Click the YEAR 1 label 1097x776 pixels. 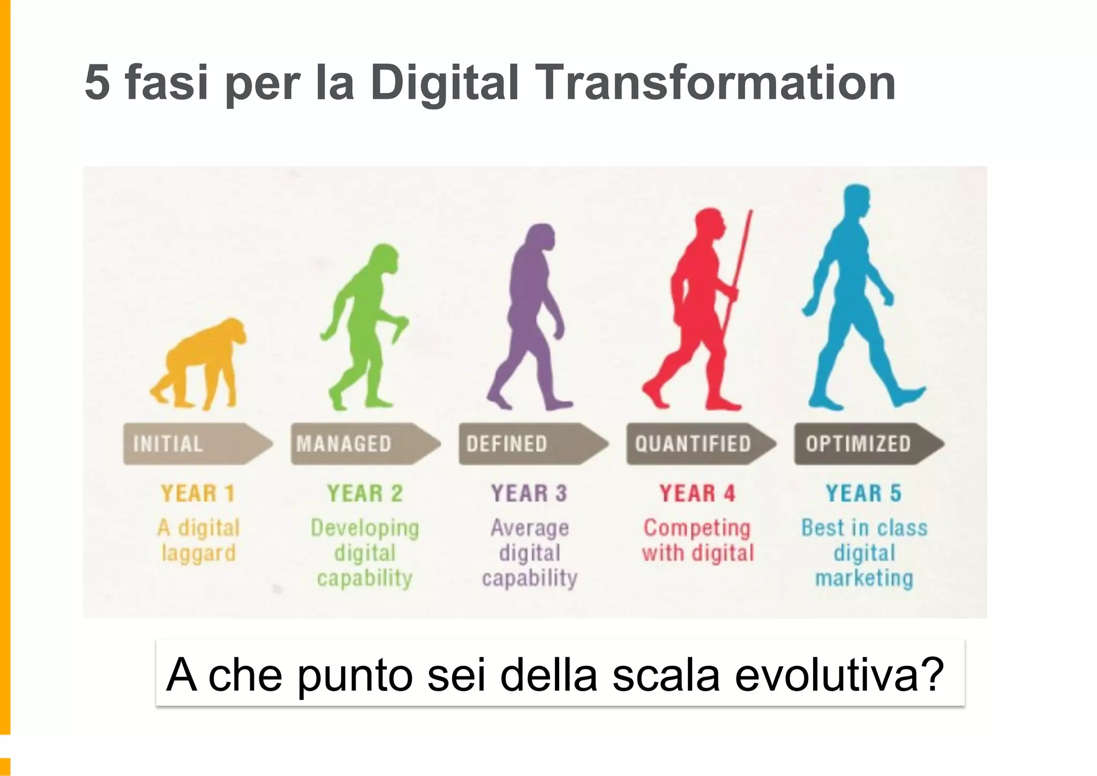(198, 493)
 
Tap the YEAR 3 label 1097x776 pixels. (529, 493)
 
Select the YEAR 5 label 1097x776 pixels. (863, 493)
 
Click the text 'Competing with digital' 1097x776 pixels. (698, 540)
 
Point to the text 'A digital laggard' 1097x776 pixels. (198, 540)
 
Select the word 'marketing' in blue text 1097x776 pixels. (864, 578)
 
